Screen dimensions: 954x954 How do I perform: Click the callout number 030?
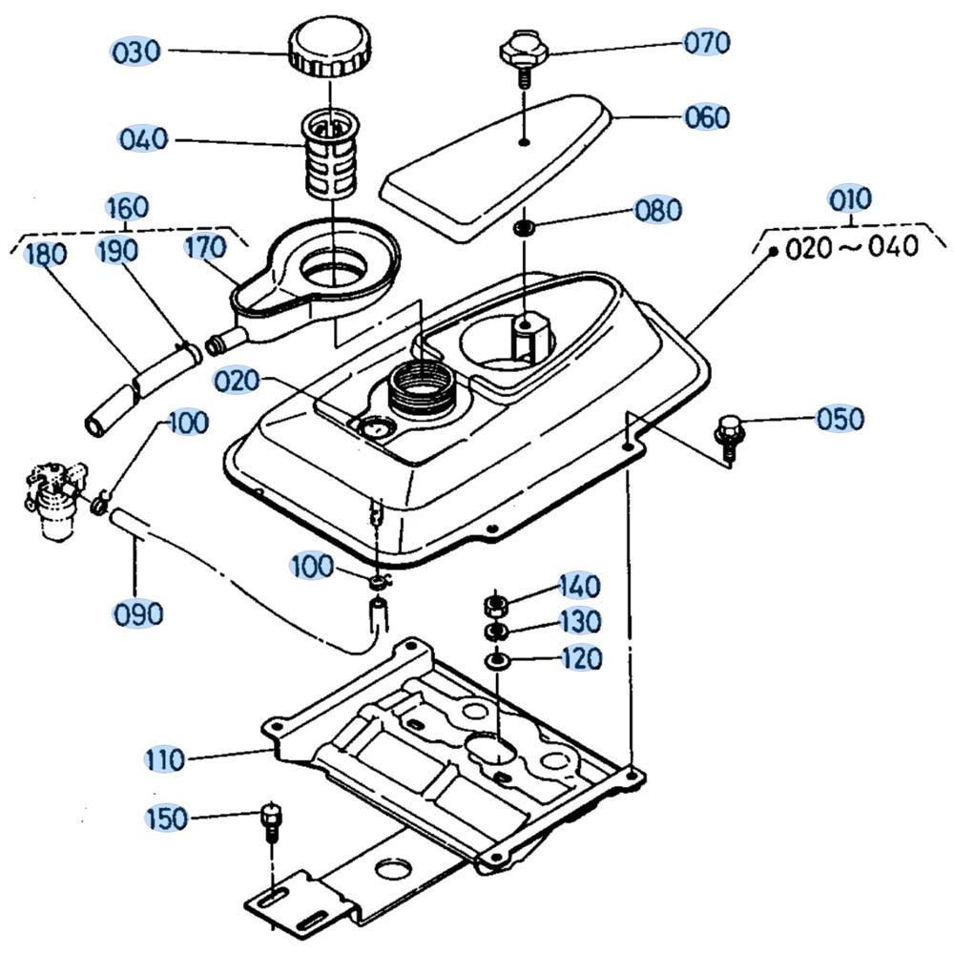(x=136, y=52)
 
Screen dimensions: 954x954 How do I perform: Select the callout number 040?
(x=143, y=139)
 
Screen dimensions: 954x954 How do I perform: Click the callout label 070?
(x=706, y=43)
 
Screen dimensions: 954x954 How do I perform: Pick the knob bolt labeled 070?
(x=522, y=52)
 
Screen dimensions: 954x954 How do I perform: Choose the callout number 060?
(x=706, y=117)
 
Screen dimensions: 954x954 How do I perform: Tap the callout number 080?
(x=659, y=210)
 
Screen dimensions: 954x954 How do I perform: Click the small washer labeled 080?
(x=524, y=228)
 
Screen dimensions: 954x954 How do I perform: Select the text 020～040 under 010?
(x=852, y=248)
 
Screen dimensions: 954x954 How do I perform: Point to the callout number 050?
(x=840, y=420)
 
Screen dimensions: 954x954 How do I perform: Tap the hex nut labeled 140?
(x=494, y=604)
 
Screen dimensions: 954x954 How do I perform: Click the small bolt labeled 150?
(x=270, y=821)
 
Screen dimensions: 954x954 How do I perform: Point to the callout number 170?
(x=205, y=248)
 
